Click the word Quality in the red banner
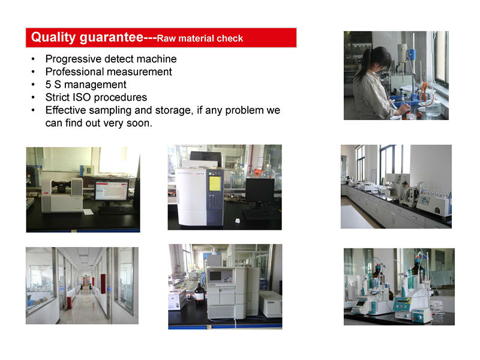click(53, 37)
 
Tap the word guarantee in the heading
click(112, 38)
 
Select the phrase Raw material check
click(200, 38)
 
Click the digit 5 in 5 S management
click(48, 85)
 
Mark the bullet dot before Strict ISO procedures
click(33, 97)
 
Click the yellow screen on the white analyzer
click(214, 183)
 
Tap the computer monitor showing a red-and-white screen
click(112, 190)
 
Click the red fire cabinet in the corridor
click(103, 283)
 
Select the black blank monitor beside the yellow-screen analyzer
click(260, 190)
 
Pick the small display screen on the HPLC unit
click(215, 276)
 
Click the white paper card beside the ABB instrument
click(88, 212)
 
